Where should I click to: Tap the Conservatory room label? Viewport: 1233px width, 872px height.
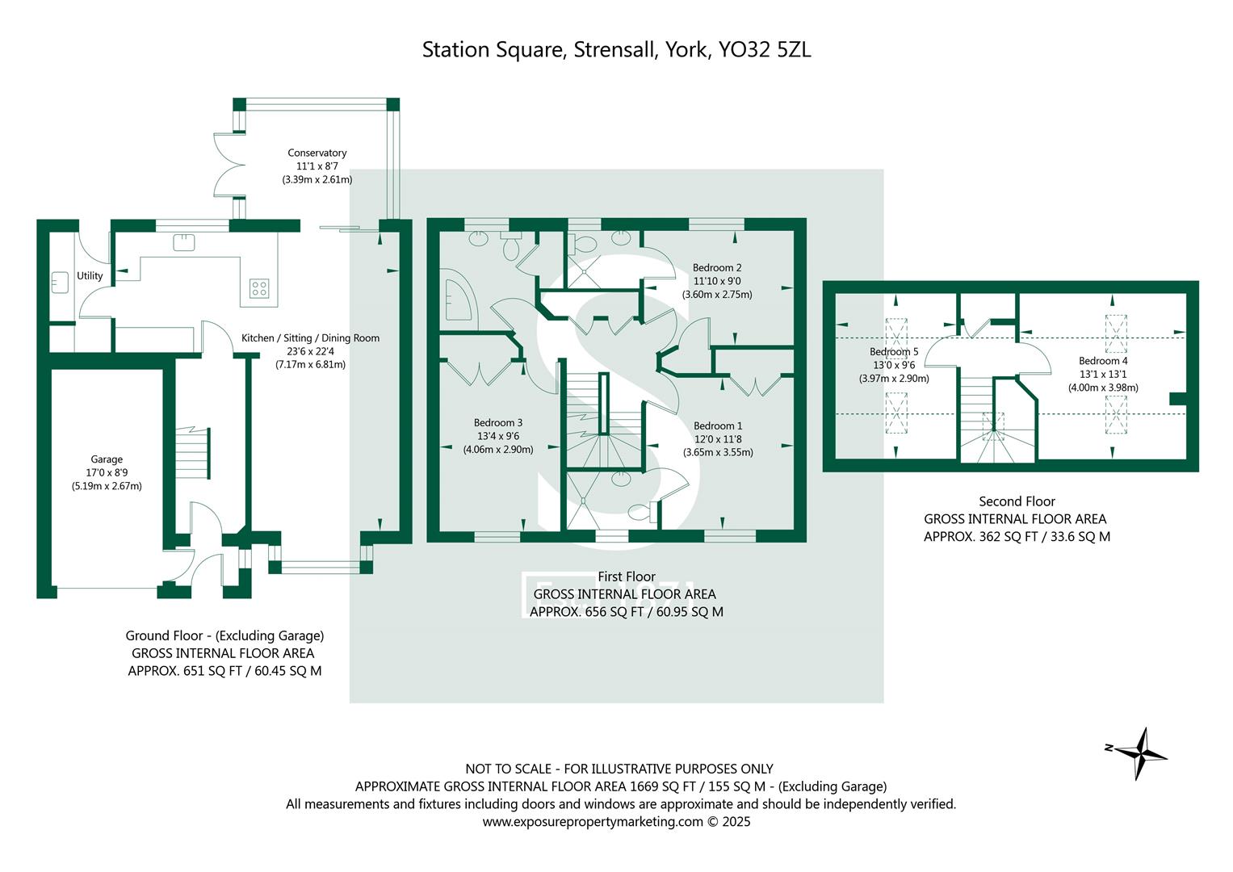[x=317, y=153]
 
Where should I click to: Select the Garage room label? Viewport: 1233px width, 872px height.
[x=107, y=459]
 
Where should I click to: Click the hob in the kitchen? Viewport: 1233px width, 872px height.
[x=259, y=288]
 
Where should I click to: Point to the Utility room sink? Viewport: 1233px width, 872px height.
[x=60, y=283]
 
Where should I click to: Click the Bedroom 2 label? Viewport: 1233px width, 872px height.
[x=716, y=267]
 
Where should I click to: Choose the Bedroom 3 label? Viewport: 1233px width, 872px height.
[x=497, y=422]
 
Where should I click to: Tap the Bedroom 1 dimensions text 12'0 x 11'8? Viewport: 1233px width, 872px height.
[x=717, y=439]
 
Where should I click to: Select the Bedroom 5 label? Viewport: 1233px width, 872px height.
[x=893, y=352]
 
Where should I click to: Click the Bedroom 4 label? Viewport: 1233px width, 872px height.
[x=1102, y=361]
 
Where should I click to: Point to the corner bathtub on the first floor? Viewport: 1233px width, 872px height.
[x=459, y=301]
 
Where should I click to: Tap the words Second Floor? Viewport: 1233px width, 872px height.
[x=1016, y=501]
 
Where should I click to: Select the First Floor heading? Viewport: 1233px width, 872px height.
[x=626, y=576]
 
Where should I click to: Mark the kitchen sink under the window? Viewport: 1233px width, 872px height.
[x=184, y=242]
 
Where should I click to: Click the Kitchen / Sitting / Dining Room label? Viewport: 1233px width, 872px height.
[x=310, y=338]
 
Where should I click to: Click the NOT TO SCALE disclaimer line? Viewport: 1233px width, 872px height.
[x=619, y=769]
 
